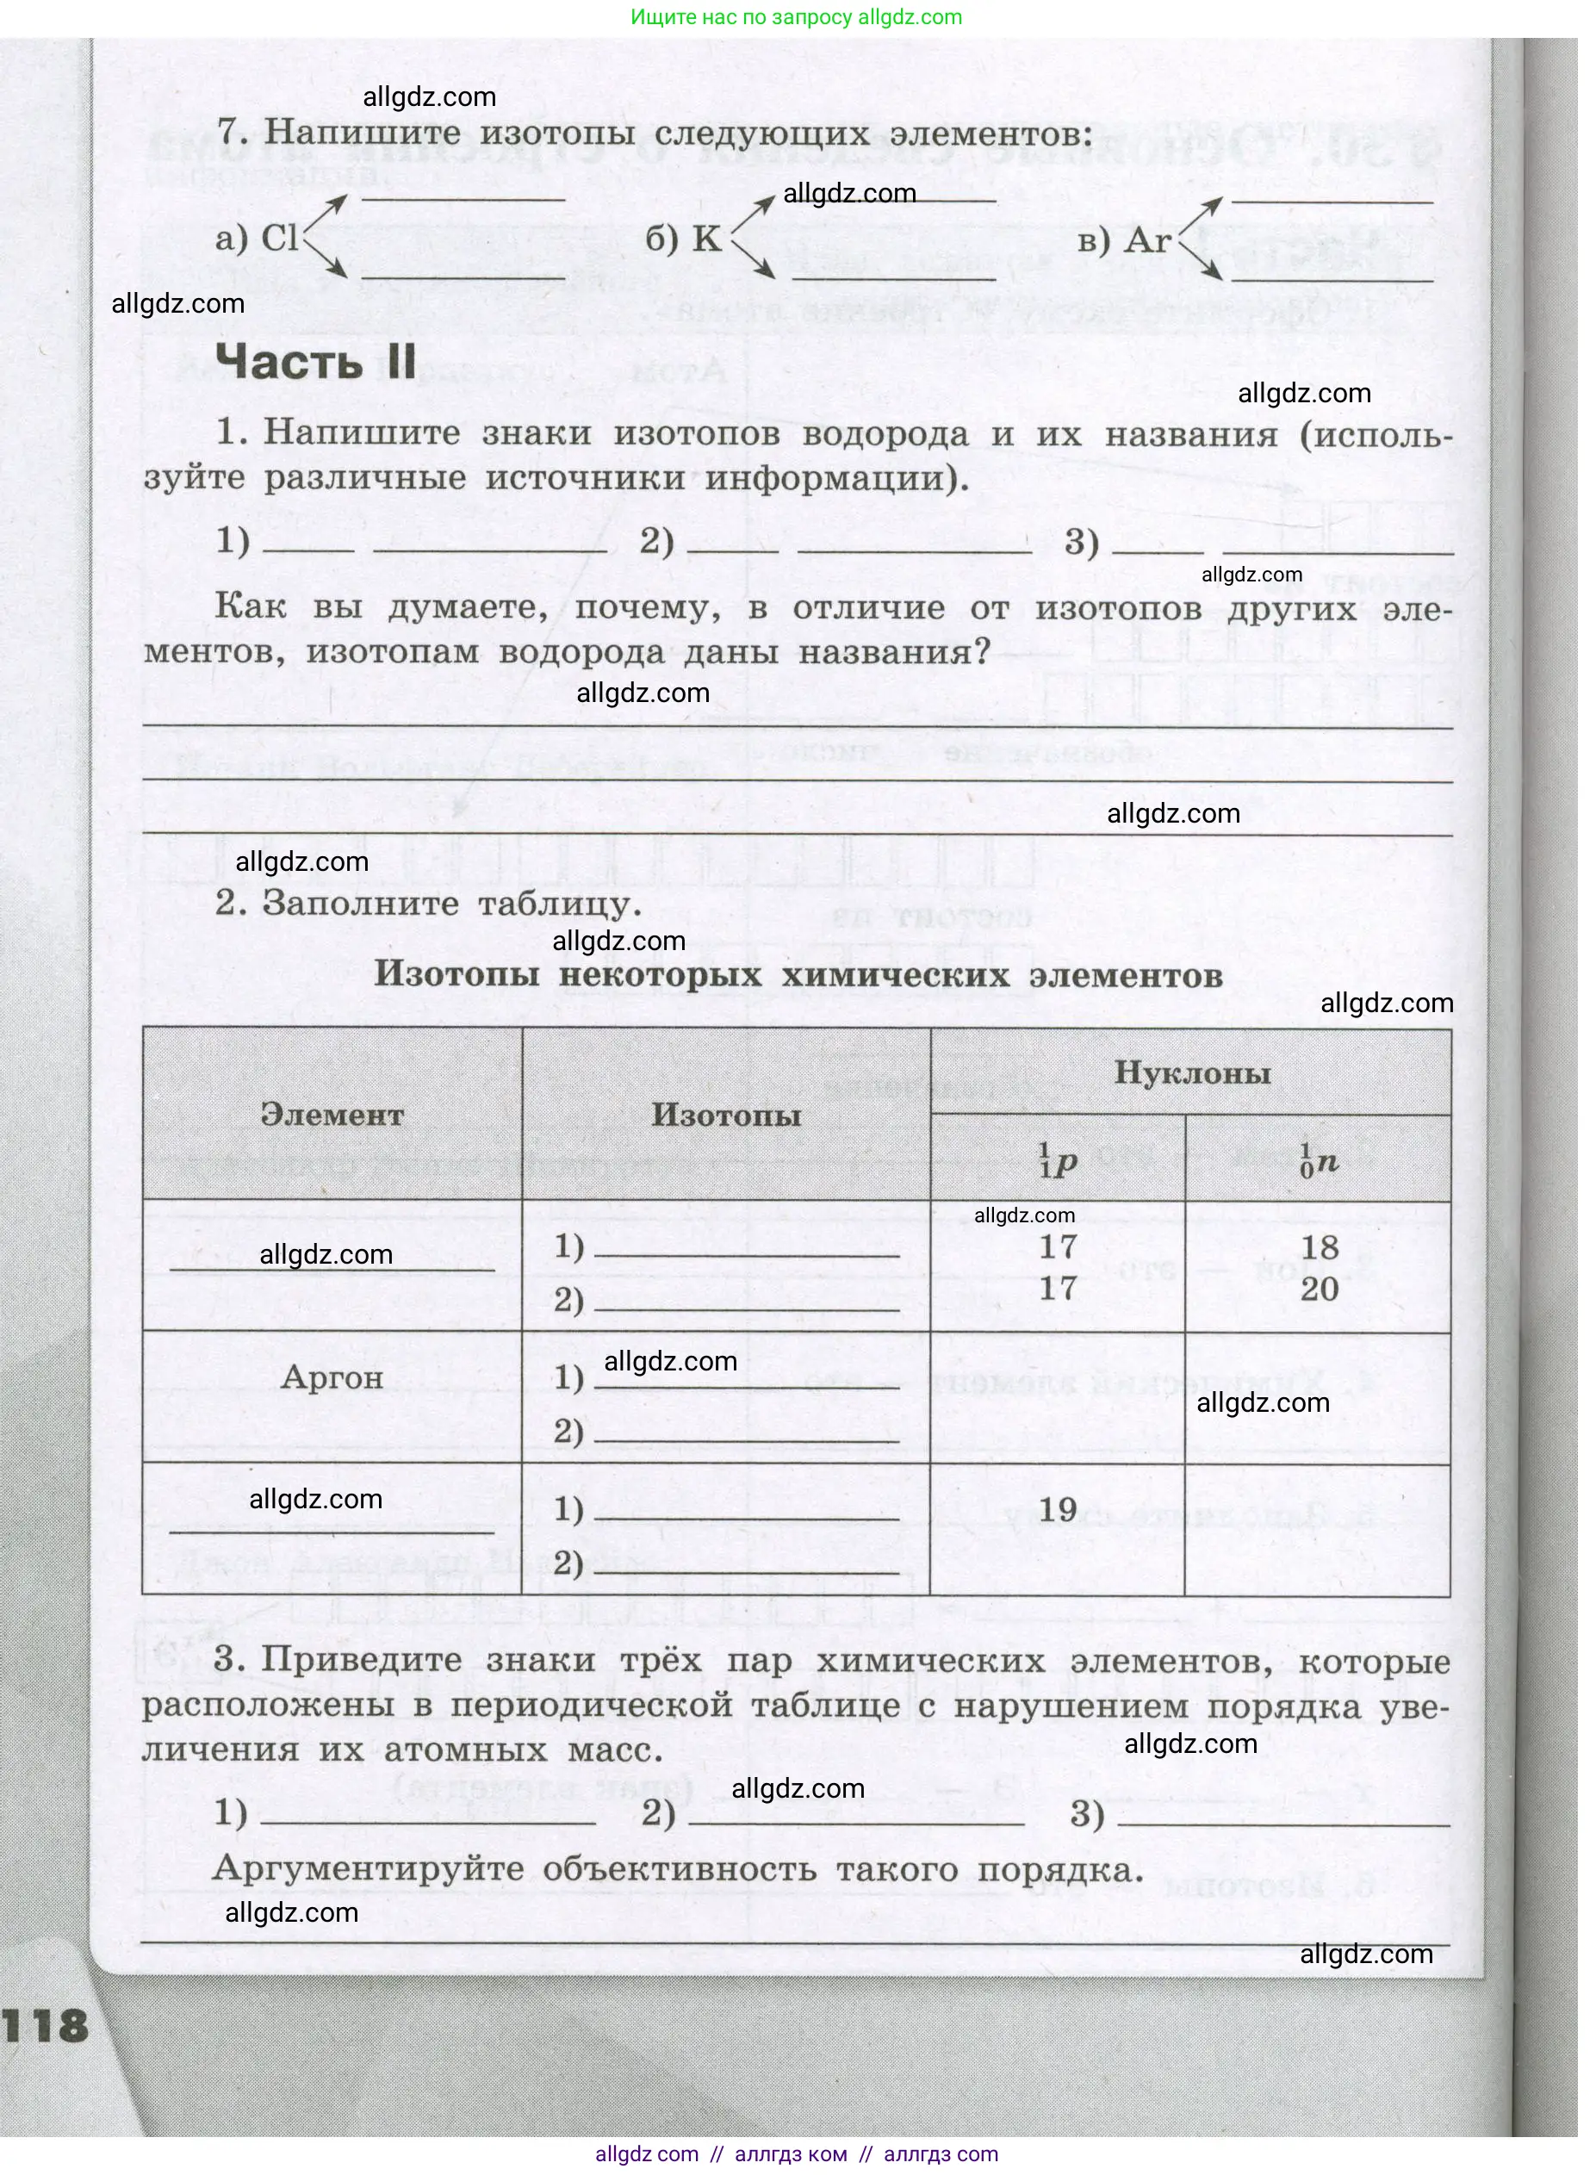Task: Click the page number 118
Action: (47, 2026)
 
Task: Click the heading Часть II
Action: (316, 363)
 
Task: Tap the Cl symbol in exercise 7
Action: (281, 238)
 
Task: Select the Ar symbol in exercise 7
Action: (1148, 239)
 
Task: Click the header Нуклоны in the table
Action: (1192, 1073)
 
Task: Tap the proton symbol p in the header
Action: (1063, 1165)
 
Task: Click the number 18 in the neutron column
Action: (1320, 1247)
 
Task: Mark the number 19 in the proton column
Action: (1058, 1509)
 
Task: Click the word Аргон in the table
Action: (332, 1378)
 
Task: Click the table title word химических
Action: (895, 976)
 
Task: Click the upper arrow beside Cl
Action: (326, 209)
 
